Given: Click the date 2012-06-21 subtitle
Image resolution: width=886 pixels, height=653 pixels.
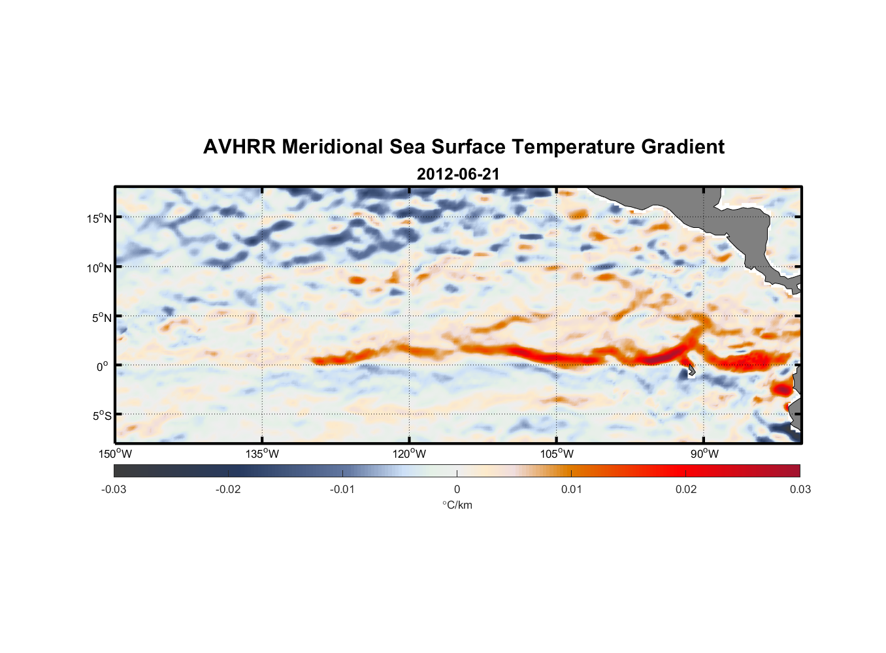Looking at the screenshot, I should (458, 174).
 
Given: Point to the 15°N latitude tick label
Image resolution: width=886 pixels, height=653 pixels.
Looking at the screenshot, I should (99, 218).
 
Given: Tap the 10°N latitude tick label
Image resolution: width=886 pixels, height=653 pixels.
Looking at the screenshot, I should (99, 268).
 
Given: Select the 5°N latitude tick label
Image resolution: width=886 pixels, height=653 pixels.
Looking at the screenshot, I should (101, 317).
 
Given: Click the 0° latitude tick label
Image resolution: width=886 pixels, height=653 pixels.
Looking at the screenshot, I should (103, 366).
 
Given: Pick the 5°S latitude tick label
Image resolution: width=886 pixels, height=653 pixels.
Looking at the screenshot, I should (101, 416).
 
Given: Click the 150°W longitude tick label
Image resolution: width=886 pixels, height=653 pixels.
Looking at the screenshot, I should (115, 454).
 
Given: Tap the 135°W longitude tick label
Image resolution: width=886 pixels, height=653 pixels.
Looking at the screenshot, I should (262, 454).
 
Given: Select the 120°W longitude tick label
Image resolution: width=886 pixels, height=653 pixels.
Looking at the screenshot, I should (410, 454).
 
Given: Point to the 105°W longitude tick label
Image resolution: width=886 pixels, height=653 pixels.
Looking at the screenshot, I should (557, 454).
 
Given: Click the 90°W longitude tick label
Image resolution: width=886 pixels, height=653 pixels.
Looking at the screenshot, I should (704, 454).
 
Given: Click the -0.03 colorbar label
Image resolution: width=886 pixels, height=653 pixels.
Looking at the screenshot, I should (114, 490).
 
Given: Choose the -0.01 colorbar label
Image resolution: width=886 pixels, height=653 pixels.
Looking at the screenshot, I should (342, 490).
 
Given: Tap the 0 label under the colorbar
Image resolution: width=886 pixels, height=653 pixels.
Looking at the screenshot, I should (457, 490).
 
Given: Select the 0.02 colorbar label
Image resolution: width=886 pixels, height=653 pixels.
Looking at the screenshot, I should (686, 490).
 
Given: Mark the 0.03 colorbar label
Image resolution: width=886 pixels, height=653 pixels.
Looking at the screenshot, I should (800, 490).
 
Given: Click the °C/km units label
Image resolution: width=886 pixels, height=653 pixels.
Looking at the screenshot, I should (457, 505).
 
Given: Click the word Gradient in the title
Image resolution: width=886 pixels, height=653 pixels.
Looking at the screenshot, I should (683, 147).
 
